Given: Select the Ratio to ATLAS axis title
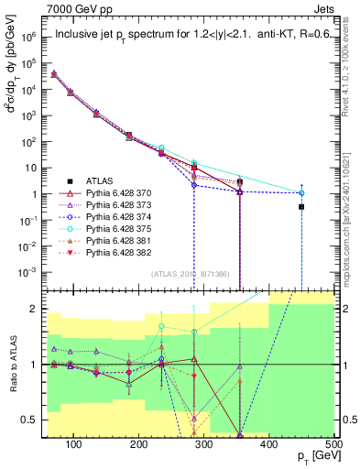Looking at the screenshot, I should pyautogui.click(x=12, y=366).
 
